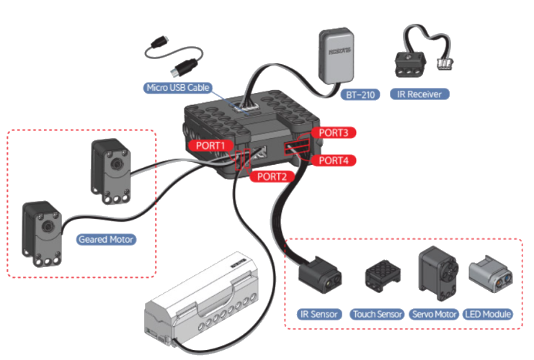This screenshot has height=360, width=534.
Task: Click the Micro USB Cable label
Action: (178, 88)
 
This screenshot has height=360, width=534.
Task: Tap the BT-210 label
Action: (358, 94)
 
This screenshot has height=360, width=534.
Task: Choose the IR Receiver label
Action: (419, 94)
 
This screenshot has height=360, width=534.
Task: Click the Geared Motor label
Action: (106, 239)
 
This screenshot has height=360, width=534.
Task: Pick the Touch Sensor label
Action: (377, 314)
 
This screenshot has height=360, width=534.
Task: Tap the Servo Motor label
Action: (434, 314)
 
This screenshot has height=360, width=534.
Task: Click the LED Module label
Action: (488, 314)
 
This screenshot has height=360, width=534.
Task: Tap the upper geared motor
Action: (110, 166)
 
